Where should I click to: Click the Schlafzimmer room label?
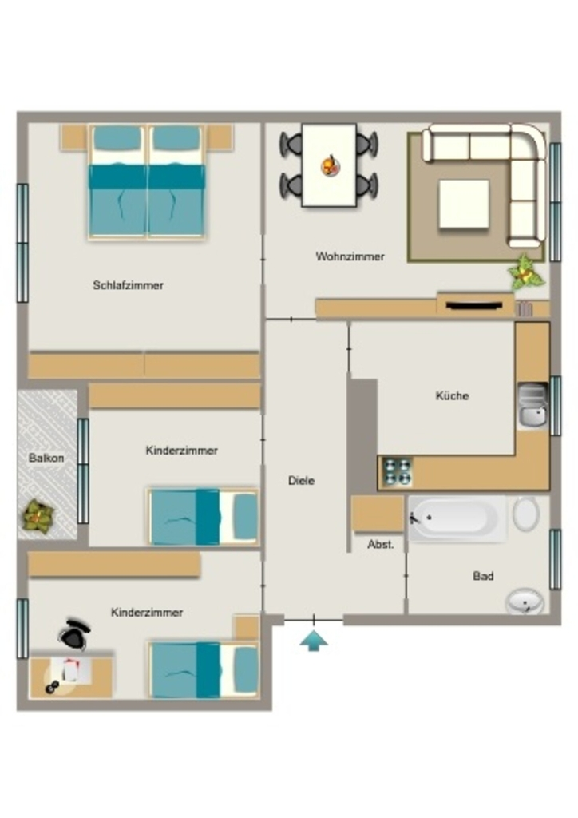pos(129,285)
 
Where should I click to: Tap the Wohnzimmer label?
pos(350,256)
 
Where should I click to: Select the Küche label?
pos(452,396)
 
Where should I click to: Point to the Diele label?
pos(301,480)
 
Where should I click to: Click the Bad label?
pos(483,577)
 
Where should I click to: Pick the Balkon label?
pos(46,458)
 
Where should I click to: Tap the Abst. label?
pos(381,545)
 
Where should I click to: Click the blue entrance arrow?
pos(314,641)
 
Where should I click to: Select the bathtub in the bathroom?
pos(457,518)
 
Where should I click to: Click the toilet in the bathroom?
pos(525,514)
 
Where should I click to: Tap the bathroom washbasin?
pos(525,601)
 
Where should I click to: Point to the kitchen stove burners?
pos(397,472)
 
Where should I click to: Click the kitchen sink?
pos(532,406)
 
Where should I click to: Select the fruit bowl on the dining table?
pos(331,165)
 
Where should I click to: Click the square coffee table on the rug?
pos(464,204)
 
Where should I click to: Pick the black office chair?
pos(74,633)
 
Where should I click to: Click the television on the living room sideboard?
pos(474,306)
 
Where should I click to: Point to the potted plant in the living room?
pos(526,272)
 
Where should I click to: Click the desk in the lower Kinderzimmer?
pos(71,677)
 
